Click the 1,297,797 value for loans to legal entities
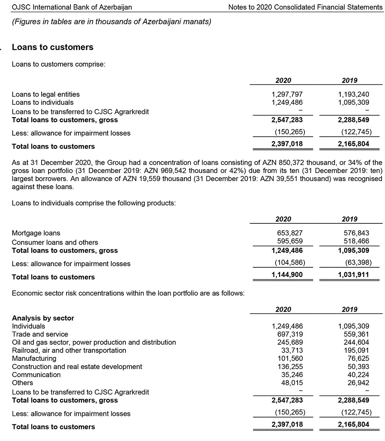point(287,94)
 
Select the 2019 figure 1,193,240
point(353,94)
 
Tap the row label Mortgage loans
point(36,233)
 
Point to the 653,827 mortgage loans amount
point(290,233)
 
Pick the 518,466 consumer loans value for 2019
point(356,241)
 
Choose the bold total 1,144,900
point(287,275)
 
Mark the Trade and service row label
point(40,334)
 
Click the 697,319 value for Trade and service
point(290,334)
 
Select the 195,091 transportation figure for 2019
point(356,350)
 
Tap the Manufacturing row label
point(34,359)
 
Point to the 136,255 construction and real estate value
point(290,367)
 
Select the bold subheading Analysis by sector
point(43,318)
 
